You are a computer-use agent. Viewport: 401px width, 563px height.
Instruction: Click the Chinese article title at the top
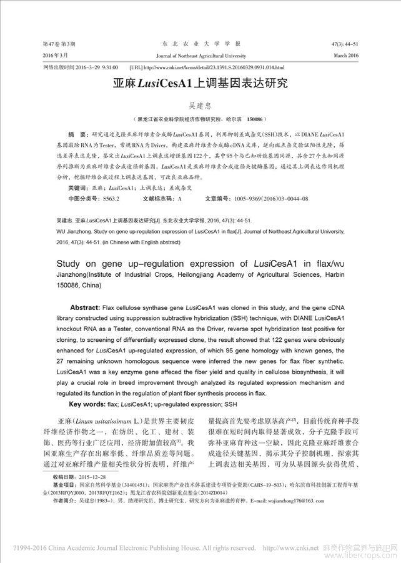pos(200,85)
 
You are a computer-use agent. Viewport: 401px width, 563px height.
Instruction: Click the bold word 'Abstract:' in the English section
pos(91,309)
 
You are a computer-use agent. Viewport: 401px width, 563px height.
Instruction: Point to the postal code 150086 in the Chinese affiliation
pos(256,119)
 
